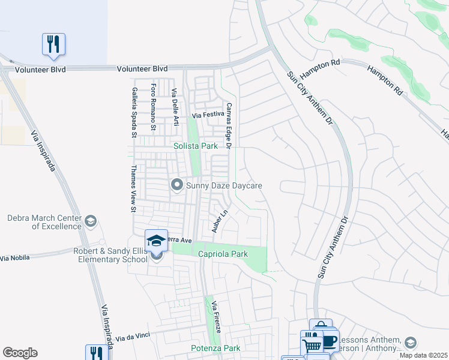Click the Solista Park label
(x=195, y=146)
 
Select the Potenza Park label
(x=215, y=348)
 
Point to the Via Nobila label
(x=14, y=257)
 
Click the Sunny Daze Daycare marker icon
(x=176, y=185)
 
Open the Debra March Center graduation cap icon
(x=91, y=221)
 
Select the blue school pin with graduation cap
(x=156, y=241)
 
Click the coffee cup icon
(x=329, y=341)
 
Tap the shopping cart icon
(x=312, y=344)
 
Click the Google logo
(x=20, y=353)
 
